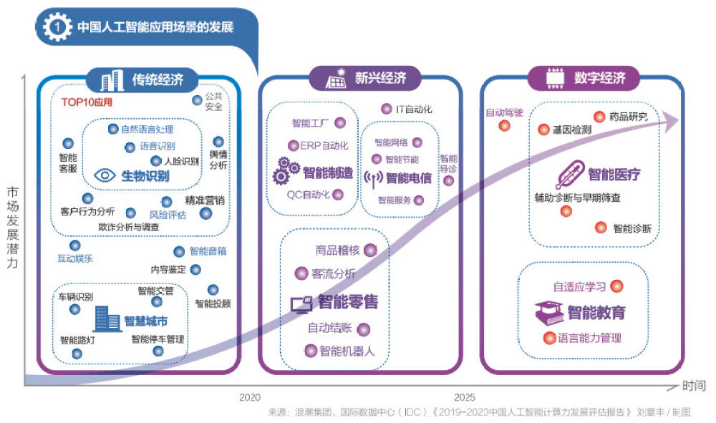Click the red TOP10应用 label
coord(87,102)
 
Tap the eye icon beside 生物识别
coord(105,175)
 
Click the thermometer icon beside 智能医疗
coord(569,174)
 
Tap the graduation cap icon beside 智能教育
coord(548,313)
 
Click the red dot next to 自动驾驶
coord(504,126)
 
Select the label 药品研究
coord(628,117)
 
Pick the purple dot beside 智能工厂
coord(340,123)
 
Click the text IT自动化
coord(414,110)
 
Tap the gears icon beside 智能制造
coord(286,171)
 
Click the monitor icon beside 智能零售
coord(301,303)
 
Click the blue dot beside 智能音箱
coord(179,251)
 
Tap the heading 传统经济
coord(158,79)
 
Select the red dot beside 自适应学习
coord(616,286)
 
